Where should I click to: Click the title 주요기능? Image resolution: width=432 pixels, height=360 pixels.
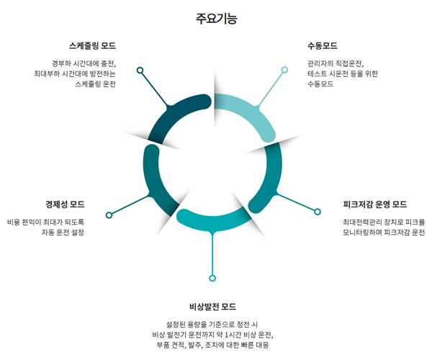click(216, 18)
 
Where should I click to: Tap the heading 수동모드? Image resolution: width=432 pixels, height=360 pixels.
click(322, 46)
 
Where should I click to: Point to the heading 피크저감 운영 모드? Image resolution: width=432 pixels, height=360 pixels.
click(374, 204)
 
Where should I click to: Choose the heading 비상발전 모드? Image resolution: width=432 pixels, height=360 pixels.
click(212, 307)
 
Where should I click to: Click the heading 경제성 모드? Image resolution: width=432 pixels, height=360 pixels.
click(65, 204)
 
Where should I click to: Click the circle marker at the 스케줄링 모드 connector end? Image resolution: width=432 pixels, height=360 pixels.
click(140, 70)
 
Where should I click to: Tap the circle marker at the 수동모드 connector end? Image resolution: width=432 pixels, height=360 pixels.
click(284, 70)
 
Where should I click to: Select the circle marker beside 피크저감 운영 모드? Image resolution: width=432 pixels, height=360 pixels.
click(317, 212)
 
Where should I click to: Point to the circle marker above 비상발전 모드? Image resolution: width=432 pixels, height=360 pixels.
click(212, 278)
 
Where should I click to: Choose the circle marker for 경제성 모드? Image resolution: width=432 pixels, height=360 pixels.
click(109, 215)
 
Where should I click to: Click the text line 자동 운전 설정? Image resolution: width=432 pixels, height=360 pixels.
click(63, 233)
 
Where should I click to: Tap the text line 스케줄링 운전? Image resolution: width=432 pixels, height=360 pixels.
click(95, 84)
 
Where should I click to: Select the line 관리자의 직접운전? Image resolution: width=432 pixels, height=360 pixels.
click(336, 63)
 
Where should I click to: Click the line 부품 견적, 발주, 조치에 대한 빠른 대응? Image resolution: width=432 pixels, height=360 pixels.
click(212, 345)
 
